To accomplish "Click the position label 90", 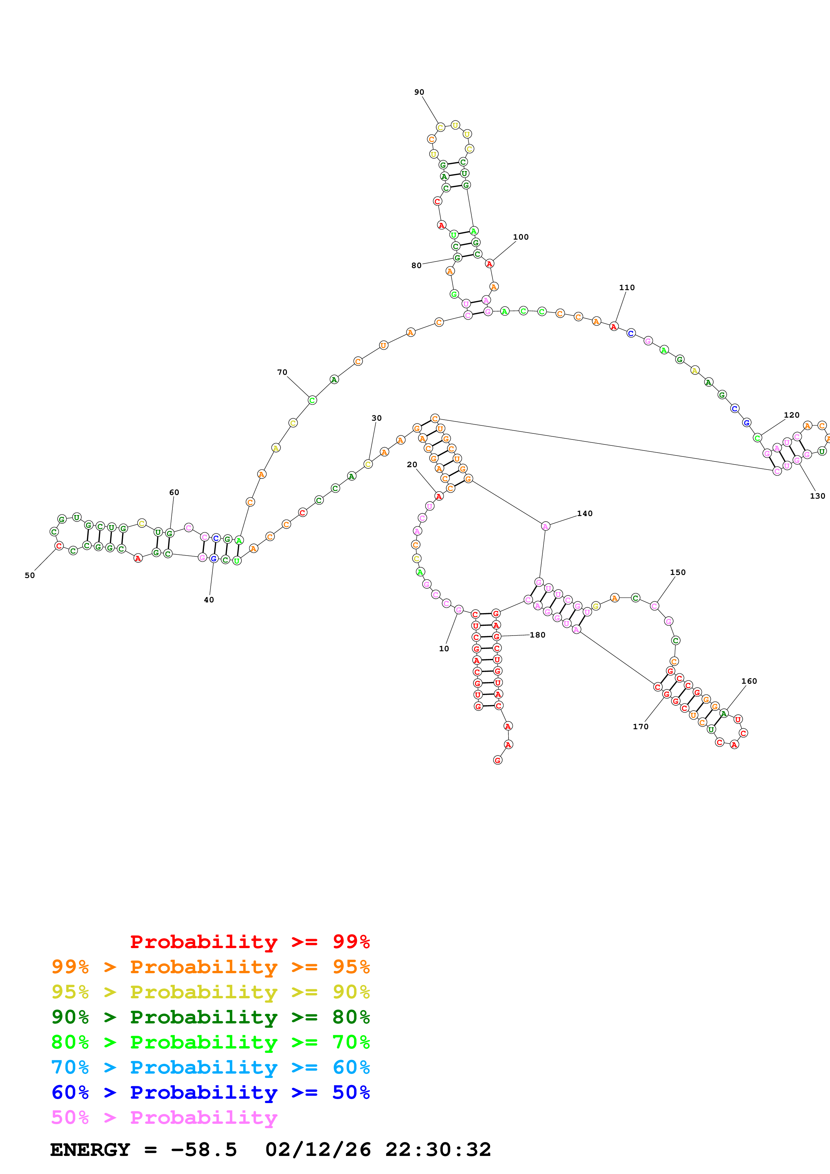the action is [419, 92].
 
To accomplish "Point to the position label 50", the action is [30, 575].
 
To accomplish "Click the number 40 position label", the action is [209, 600].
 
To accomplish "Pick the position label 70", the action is [282, 372].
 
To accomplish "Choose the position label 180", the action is [537, 635].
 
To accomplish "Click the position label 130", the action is [817, 496].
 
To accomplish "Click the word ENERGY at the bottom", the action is [90, 1150].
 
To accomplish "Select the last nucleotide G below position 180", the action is [498, 760].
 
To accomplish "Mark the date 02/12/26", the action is [318, 1150].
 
